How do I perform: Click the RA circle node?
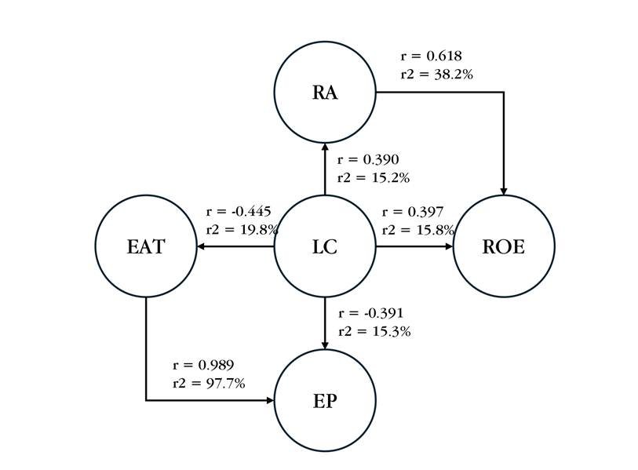click(x=325, y=92)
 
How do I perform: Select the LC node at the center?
click(x=325, y=246)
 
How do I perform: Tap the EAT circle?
click(x=146, y=246)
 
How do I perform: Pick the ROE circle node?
click(x=504, y=246)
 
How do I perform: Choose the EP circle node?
click(x=325, y=400)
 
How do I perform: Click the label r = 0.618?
click(x=431, y=56)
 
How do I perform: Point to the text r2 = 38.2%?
click(x=436, y=75)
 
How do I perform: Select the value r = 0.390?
click(x=367, y=160)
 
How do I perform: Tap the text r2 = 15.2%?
click(x=373, y=178)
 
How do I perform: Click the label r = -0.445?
click(x=239, y=212)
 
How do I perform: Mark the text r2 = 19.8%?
click(x=242, y=230)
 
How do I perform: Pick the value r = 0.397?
click(x=413, y=212)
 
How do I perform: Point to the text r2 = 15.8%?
click(x=417, y=230)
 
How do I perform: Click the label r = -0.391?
click(x=370, y=313)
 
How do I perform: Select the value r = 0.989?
click(x=203, y=366)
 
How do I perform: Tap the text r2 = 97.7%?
click(x=209, y=384)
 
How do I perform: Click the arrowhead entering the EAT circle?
click(x=201, y=246)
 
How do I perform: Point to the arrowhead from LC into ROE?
click(x=449, y=246)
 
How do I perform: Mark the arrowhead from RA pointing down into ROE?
click(x=504, y=191)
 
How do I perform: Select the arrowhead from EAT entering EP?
click(x=270, y=400)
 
